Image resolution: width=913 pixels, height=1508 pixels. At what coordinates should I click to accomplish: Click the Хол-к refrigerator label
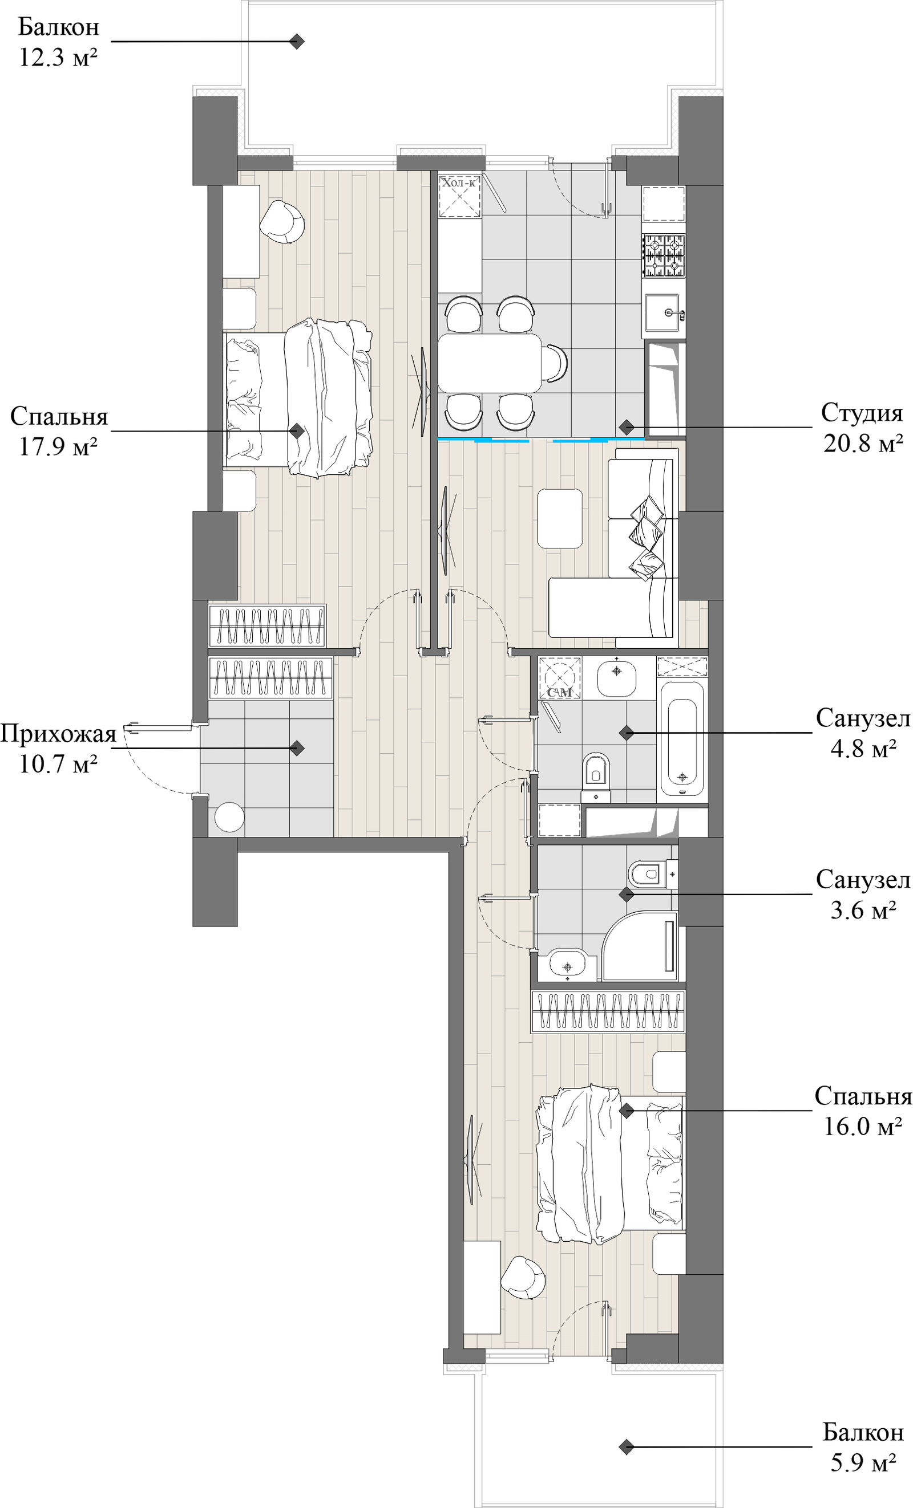[458, 182]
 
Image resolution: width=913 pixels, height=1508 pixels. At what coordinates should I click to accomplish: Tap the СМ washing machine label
[560, 692]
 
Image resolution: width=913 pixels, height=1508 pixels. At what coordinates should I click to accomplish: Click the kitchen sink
[664, 313]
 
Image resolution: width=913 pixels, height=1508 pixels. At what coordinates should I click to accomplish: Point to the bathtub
[682, 739]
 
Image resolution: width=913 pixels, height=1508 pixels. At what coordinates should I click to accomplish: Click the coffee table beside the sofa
[560, 518]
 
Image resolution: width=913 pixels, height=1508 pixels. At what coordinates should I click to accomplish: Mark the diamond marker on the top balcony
[297, 42]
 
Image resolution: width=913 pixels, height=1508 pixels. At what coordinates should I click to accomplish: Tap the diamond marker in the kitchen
[626, 426]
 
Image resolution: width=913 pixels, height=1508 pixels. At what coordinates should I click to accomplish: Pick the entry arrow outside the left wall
[132, 727]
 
